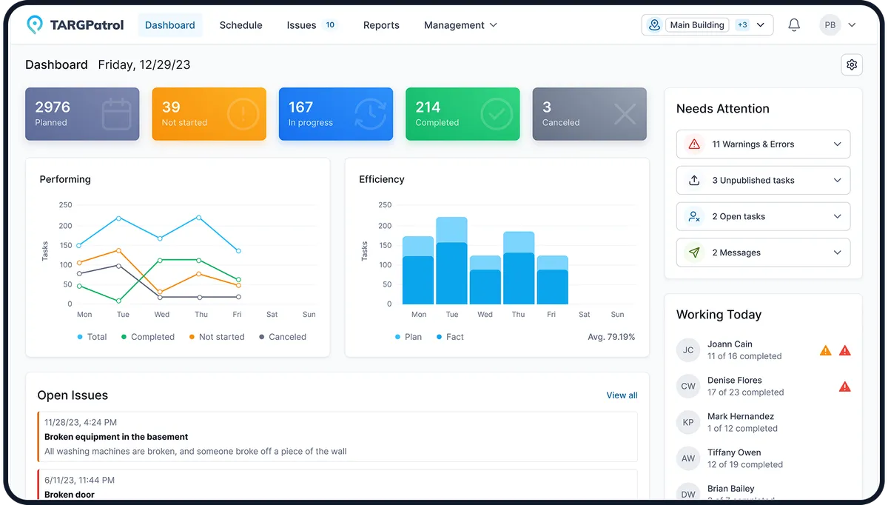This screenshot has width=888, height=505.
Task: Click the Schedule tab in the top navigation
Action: [x=240, y=25]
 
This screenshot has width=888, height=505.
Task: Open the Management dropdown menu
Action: [x=460, y=25]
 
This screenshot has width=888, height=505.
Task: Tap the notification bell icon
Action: [x=794, y=25]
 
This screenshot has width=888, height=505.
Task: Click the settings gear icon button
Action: [x=852, y=65]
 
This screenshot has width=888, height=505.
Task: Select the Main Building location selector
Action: [x=707, y=25]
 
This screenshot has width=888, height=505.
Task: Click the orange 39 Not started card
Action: [x=209, y=114]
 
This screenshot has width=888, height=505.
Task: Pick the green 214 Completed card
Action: [x=462, y=114]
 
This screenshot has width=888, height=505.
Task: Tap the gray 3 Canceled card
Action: [x=589, y=114]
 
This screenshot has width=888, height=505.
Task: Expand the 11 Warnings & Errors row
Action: [x=763, y=144]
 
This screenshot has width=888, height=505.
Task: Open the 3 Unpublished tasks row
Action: [x=763, y=181]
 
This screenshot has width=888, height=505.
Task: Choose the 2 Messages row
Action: [x=763, y=252]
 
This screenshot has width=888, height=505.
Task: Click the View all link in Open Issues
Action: [x=622, y=395]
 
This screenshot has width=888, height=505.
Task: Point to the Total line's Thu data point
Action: [x=199, y=218]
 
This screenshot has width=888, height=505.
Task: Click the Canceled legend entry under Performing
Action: [x=283, y=337]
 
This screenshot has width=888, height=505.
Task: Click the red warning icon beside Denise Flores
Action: [x=844, y=387]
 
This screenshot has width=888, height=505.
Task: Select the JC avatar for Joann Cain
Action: [x=688, y=350]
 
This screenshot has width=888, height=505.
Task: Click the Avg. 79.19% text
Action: [x=610, y=337]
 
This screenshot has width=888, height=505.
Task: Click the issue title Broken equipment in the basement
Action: [x=116, y=437]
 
